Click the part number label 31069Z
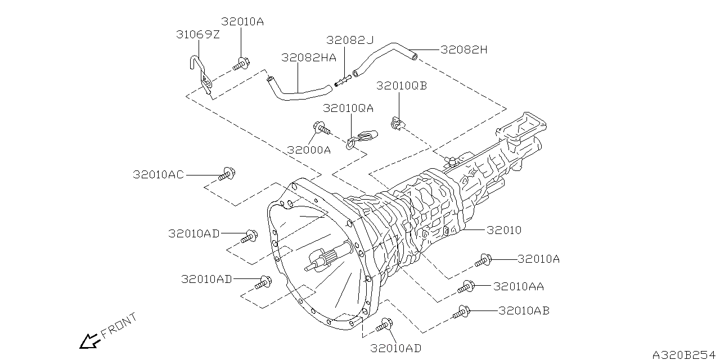[x=197, y=35]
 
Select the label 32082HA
[x=309, y=57]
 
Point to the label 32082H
[x=463, y=49]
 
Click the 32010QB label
[x=402, y=85]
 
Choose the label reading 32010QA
[x=348, y=107]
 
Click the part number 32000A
[x=309, y=150]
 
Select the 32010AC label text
[x=158, y=175]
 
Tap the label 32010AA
[x=518, y=286]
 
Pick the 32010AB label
[x=524, y=310]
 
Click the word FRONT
[x=119, y=327]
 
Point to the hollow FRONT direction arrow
[x=88, y=341]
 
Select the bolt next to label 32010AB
[x=461, y=312]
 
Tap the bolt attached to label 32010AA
[x=466, y=287]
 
